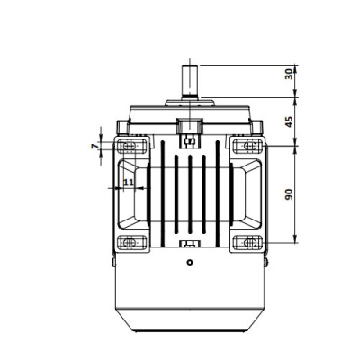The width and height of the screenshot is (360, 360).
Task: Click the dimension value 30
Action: pyautogui.click(x=289, y=74)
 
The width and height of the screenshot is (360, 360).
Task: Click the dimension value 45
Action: pyautogui.click(x=289, y=121)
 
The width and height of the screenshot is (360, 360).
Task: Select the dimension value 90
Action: pyautogui.click(x=289, y=194)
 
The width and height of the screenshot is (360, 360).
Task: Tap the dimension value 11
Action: pyautogui.click(x=129, y=182)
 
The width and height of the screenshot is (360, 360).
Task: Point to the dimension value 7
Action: pyautogui.click(x=95, y=147)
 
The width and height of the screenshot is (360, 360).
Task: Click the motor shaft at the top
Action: pyautogui.click(x=190, y=81)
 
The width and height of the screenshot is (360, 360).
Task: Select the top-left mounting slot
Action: pyautogui.click(x=130, y=147)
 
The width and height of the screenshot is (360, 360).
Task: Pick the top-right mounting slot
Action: pyautogui.click(x=249, y=146)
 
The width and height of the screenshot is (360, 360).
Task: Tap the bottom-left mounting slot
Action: pyautogui.click(x=130, y=242)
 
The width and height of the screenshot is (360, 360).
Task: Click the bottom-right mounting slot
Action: pyautogui.click(x=249, y=242)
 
